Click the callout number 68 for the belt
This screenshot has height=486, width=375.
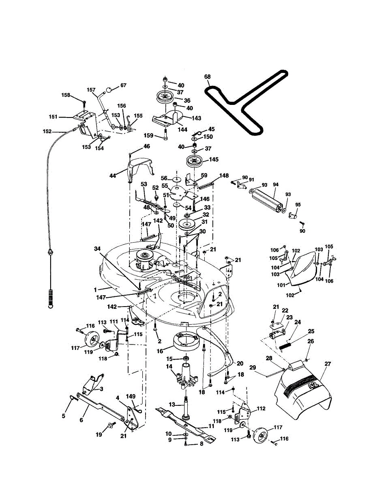(x=207, y=77)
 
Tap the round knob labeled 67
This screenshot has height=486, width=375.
(x=110, y=90)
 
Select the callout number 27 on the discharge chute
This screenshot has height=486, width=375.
(x=328, y=364)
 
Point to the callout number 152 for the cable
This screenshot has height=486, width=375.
(x=47, y=131)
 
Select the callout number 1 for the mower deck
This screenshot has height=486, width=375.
(x=96, y=290)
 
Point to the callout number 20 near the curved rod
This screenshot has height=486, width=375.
(x=240, y=363)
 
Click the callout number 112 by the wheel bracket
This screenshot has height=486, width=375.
(x=261, y=409)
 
